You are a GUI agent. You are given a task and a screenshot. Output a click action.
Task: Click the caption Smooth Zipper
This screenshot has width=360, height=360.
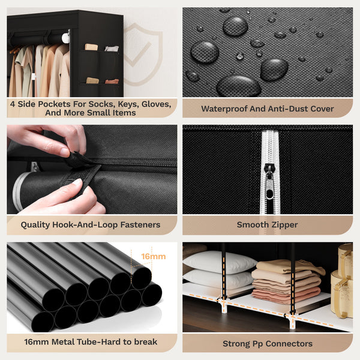pos(268,225)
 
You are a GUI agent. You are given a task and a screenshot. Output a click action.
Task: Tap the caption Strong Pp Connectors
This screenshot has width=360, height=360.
pos(268,343)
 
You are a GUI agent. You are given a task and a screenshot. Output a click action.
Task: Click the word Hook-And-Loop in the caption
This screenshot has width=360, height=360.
pos(89,225)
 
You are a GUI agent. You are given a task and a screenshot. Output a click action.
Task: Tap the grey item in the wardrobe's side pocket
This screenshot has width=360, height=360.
pos(112,49)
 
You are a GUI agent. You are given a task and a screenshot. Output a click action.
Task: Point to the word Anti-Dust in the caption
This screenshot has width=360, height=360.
pos(287,109)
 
